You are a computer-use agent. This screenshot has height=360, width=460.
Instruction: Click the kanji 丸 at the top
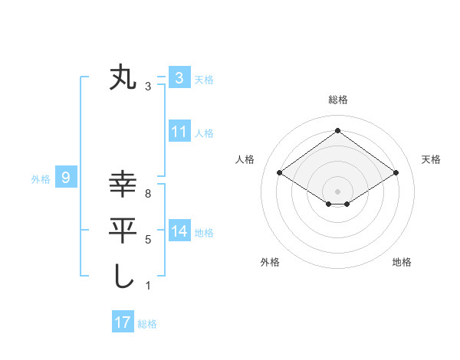point(123,79)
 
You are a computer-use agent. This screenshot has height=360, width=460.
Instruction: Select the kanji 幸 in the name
point(123,185)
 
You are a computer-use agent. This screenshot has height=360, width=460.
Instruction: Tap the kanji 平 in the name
point(123,230)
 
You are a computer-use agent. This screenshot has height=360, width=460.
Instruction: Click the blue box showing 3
point(179,77)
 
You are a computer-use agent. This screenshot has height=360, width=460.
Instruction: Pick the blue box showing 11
point(179,132)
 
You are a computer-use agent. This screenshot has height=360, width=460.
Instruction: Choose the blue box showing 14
point(179,231)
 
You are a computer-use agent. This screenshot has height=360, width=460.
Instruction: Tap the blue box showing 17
point(123,322)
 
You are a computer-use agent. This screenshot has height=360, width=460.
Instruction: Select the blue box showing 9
point(67,178)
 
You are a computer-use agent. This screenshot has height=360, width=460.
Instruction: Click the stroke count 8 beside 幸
point(147,194)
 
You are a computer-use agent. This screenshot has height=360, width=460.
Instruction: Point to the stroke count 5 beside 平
point(147,240)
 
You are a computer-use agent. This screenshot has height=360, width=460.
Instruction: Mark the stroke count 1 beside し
point(147,286)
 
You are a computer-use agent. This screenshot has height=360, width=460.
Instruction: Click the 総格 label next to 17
point(147,324)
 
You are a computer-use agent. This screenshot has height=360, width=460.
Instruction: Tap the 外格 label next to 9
point(41,179)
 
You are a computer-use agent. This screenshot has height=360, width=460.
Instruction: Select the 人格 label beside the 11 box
point(204,133)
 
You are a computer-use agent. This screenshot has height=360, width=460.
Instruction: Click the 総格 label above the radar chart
point(337,100)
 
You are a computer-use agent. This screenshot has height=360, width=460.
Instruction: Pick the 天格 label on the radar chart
point(432,159)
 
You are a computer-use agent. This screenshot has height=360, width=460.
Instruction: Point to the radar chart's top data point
point(337,131)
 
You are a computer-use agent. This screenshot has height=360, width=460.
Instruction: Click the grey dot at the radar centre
point(337,191)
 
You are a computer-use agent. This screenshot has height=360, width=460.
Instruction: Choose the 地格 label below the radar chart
point(402,262)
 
